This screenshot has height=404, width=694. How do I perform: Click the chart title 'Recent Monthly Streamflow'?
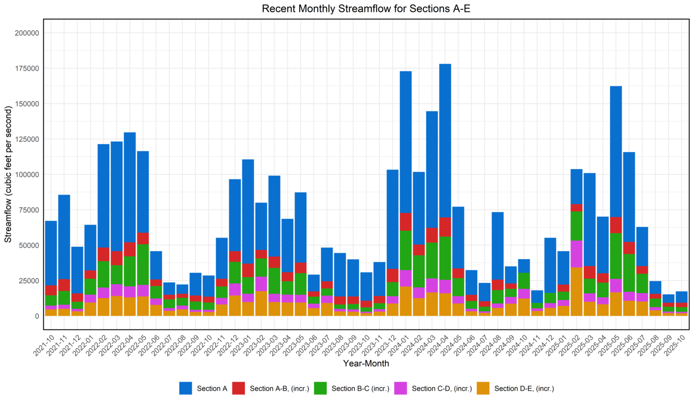[366, 9]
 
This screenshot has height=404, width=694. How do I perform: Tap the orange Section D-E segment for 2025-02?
[577, 291]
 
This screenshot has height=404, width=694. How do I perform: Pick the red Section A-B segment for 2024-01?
[406, 222]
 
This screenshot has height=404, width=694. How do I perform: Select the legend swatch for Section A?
[185, 388]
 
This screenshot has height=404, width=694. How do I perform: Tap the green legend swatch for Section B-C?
[321, 388]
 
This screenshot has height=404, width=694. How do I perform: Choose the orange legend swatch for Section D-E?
[483, 388]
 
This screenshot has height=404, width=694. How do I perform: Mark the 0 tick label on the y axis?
[36, 316]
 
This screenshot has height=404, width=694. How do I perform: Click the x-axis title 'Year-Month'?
[366, 364]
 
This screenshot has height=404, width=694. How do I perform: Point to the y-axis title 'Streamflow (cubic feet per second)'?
[8, 174]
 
